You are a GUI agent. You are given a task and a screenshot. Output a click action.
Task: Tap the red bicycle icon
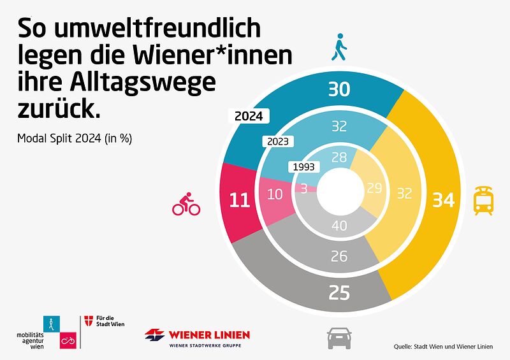tap(186, 205)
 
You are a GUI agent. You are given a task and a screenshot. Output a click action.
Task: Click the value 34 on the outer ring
tap(442, 200)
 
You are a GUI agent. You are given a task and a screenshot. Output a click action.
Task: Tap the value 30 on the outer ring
tap(339, 89)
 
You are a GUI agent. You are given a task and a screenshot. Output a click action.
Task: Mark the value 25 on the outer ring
tap(339, 294)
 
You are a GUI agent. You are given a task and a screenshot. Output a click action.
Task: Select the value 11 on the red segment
tap(239, 200)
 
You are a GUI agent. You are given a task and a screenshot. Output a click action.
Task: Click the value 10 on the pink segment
tap(275, 195)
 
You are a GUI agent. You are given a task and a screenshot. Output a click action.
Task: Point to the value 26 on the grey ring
tap(339, 257)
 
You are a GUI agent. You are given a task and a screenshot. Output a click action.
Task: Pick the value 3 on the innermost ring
tap(304, 189)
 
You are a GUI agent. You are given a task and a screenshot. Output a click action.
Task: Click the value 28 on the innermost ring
tap(339, 158)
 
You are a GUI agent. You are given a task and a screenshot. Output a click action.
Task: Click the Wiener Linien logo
tap(197, 337)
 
